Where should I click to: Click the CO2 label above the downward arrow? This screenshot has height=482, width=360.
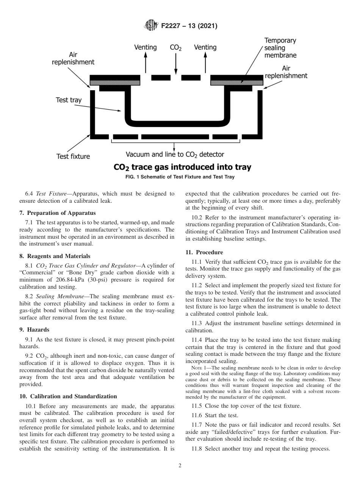(175, 48)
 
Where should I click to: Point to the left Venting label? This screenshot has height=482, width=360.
(146, 47)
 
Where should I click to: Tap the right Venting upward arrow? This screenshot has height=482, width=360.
(205, 63)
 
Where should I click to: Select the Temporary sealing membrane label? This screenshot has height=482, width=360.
(280, 48)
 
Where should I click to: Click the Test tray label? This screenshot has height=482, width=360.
(69, 100)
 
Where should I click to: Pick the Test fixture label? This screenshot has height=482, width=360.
(73, 156)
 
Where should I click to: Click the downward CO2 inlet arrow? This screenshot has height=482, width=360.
(175, 64)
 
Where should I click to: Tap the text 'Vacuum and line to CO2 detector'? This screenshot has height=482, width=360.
(175, 154)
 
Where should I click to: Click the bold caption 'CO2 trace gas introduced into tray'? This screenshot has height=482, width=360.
(182, 167)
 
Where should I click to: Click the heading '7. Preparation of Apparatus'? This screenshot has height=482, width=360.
(58, 213)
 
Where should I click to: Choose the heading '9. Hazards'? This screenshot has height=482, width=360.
(34, 329)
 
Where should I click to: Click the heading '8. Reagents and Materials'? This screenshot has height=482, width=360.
(55, 256)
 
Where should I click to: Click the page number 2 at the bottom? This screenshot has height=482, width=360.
(180, 466)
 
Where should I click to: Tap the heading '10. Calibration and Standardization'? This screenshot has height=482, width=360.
(68, 396)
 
